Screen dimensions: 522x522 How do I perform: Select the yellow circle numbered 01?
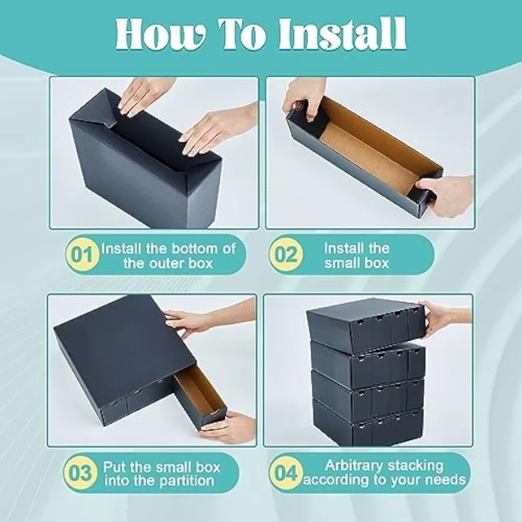click(x=82, y=255)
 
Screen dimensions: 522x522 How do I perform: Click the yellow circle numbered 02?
click(x=286, y=255)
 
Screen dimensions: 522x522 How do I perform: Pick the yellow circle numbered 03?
click(x=80, y=473)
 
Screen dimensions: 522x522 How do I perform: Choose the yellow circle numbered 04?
click(x=286, y=473)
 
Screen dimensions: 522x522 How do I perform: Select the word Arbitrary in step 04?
click(x=352, y=466)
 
